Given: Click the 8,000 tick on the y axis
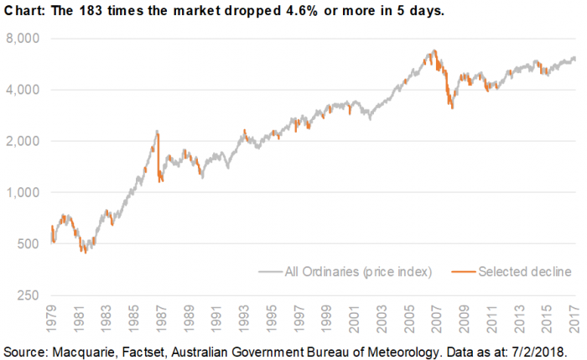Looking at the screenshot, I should click(23, 39).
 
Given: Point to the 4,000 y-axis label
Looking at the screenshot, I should click(23, 90).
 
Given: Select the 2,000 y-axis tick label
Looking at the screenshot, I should click(23, 141).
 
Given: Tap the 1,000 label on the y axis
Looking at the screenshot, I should click(23, 192).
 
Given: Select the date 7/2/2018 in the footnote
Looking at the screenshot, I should click(535, 348).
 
